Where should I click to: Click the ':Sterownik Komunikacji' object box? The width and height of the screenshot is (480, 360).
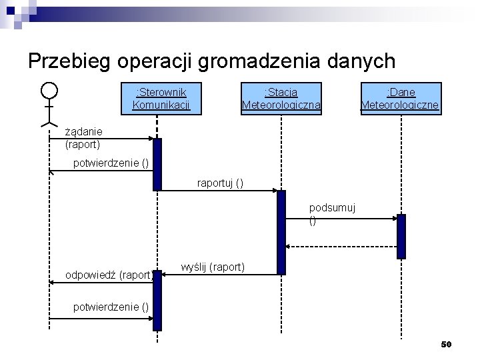coord(161,99)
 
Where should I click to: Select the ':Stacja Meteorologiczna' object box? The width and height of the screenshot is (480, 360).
coord(281,99)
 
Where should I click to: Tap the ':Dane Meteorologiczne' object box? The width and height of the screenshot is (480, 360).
coord(400,99)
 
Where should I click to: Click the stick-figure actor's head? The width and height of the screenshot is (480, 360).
coord(49,90)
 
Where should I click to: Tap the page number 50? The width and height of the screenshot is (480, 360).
coord(446,344)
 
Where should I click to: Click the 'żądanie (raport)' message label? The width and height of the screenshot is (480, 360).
coord(83,137)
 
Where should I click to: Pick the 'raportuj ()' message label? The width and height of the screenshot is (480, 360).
coord(220,183)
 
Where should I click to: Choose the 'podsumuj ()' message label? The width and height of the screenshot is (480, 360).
coord(332,214)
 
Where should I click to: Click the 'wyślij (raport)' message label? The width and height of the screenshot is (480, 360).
coord(213,267)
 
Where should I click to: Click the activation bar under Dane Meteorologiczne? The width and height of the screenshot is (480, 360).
coord(401,236)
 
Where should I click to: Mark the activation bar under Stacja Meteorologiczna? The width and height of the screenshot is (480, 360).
coord(281,232)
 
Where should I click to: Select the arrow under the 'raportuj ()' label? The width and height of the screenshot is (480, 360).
coord(220,191)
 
